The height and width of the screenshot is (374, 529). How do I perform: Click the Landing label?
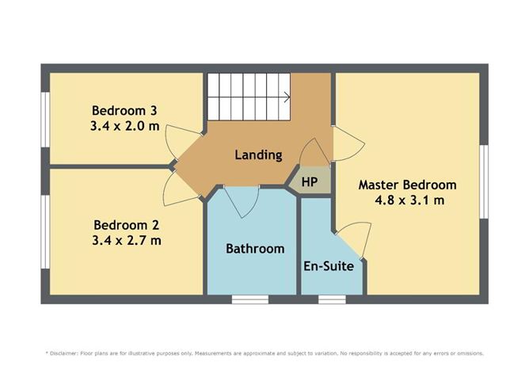[258, 155]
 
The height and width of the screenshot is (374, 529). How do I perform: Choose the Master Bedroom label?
[407, 185]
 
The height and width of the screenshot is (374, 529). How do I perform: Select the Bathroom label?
[255, 249]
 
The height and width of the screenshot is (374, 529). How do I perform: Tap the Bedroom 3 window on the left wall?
[46, 116]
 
